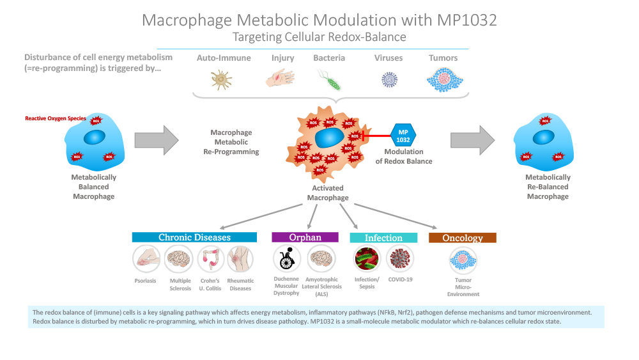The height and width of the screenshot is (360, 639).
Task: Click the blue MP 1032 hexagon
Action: coord(403,135)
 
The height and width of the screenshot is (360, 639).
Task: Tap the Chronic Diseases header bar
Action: coord(194,237)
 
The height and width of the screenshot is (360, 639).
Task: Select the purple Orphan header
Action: coord(305,237)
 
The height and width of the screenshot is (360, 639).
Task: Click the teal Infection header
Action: coord(383,238)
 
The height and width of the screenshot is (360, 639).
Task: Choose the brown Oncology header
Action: coord(463,238)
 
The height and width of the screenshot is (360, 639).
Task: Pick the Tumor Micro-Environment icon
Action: coord(463,260)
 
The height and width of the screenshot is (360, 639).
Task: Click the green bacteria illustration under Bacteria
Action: coord(329,80)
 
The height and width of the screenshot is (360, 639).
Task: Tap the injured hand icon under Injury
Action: coord(279,79)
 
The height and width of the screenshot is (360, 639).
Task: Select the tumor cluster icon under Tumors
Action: coord(443,80)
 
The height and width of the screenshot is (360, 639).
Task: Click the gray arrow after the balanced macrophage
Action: coord(157,140)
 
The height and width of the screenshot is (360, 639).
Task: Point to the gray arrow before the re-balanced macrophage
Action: coord(473,140)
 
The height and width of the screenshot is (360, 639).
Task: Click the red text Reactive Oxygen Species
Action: coord(56,118)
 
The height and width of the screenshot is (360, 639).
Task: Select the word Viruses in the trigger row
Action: coord(389,58)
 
